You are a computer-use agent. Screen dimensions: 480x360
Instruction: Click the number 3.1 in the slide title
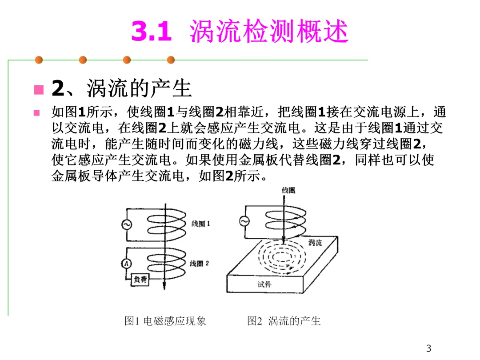click(152, 32)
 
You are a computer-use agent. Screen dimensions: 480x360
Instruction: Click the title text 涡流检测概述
click(269, 32)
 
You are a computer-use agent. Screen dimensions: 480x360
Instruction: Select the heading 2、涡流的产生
click(121, 88)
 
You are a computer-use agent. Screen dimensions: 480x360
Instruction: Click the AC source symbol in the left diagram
click(126, 225)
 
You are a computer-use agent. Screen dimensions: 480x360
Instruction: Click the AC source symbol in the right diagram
click(244, 220)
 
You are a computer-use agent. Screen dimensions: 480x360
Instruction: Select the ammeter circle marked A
click(126, 264)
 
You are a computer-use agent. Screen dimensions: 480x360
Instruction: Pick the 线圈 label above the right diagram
click(288, 190)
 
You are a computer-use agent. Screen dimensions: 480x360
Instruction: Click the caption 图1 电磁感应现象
click(165, 321)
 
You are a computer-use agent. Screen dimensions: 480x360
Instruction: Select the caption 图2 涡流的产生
click(284, 321)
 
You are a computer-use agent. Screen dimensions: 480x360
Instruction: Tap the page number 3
click(428, 348)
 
